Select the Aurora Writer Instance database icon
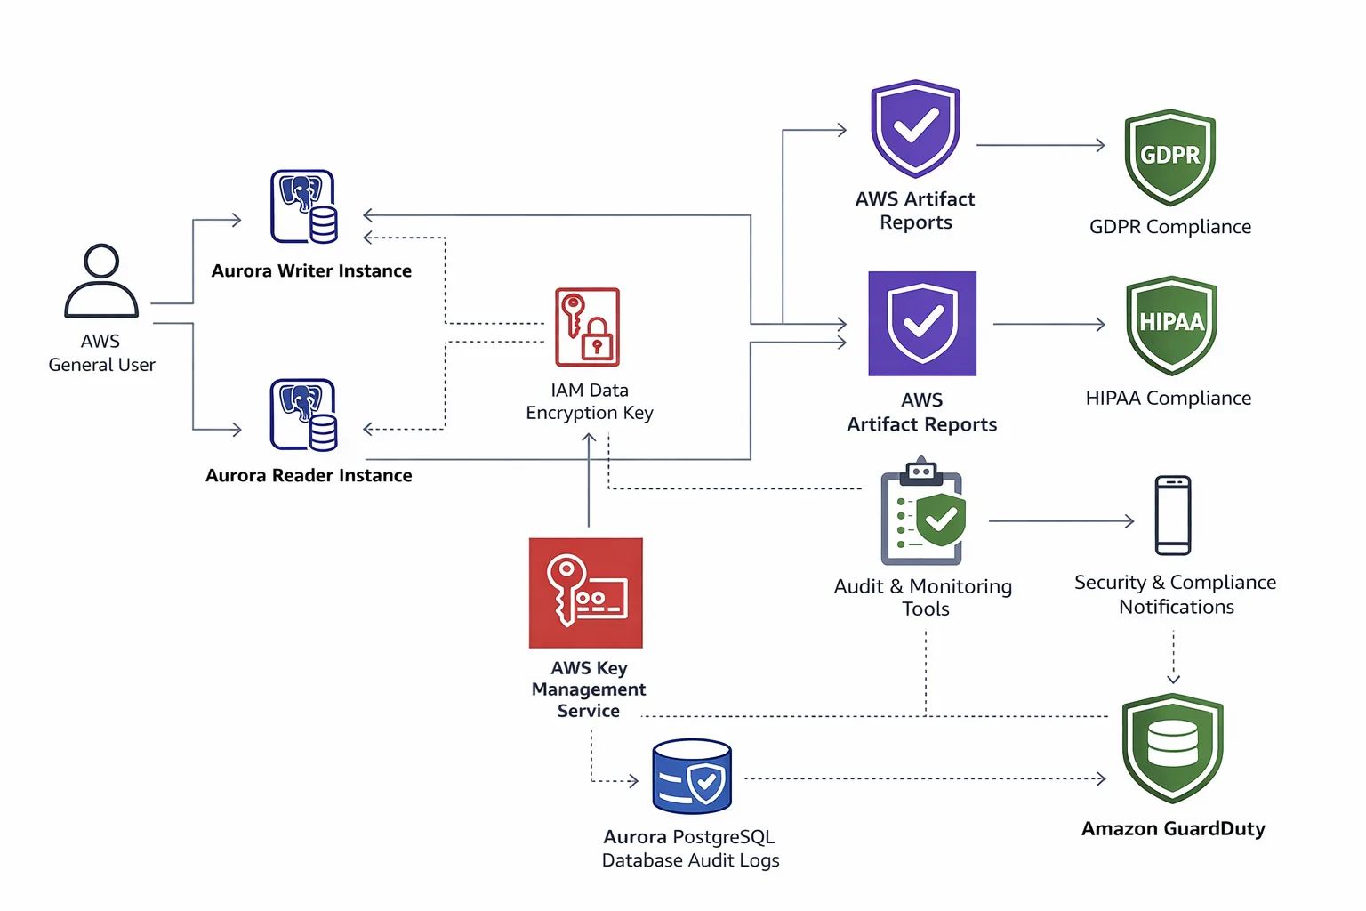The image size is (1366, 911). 304,206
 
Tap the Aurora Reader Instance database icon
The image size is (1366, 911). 304,415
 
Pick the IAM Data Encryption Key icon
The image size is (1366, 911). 587,327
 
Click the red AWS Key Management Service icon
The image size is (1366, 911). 586,593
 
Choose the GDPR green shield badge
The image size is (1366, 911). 1169,157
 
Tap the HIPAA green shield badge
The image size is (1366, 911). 1171,324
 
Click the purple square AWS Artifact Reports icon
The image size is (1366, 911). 922,323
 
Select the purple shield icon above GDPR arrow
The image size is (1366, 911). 915,128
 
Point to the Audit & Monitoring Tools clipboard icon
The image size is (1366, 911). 922,514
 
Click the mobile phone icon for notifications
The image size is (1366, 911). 1172,515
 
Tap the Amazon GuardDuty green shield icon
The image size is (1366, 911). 1172,747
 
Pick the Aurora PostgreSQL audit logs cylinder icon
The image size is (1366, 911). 692,776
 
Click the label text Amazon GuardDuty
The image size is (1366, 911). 1172,828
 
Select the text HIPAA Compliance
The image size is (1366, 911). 1168,398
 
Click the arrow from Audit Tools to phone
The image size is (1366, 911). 1060,521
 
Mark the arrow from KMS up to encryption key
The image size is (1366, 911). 589,480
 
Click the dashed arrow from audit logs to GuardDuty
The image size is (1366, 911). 925,779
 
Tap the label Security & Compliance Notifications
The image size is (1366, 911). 1175,594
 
